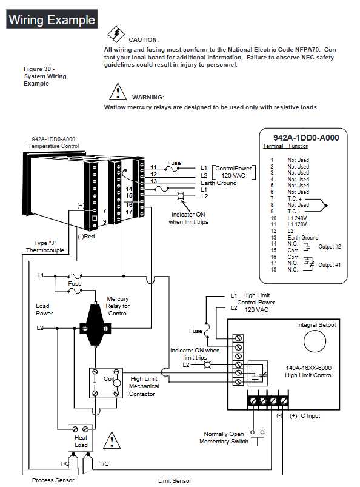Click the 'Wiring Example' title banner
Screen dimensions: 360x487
point(52,19)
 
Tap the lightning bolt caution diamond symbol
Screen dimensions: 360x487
point(116,34)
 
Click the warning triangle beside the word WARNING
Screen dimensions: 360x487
point(118,92)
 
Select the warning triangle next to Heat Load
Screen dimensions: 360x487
point(112,440)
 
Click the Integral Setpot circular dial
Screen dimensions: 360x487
point(315,341)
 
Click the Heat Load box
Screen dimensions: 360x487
point(81,438)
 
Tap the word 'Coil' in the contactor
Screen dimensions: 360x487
point(108,379)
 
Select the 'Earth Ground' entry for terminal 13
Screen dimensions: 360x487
point(303,238)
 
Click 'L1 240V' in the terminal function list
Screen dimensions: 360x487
point(297,218)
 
